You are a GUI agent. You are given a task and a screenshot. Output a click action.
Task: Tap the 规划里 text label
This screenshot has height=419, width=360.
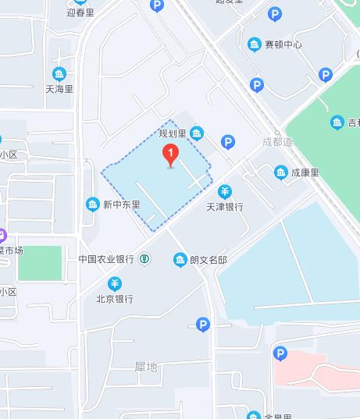coord(174,133)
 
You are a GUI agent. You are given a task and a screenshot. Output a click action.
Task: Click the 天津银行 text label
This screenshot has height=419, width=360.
coord(224,207)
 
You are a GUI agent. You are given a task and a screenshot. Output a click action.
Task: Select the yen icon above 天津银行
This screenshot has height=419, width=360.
coord(224,191)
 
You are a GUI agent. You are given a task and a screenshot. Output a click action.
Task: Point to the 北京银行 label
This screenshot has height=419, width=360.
coord(114,298)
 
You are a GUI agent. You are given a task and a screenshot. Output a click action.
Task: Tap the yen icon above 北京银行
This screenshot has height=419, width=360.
coord(115,282)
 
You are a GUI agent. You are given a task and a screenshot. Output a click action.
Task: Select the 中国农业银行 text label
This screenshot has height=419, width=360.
coord(105,259)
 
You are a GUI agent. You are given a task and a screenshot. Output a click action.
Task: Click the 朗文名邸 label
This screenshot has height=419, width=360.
coord(208,259)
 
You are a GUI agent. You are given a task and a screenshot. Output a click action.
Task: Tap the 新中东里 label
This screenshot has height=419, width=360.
coord(122,205)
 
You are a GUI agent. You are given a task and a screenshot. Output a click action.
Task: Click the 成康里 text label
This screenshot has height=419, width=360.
coord(305,172)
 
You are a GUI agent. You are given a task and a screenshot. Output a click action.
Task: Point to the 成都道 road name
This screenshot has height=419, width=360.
coord(277,141)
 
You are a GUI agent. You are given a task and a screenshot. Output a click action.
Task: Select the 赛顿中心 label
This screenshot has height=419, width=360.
coord(283,44)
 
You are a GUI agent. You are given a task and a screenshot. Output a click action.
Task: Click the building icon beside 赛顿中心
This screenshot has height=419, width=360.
coord(255,44)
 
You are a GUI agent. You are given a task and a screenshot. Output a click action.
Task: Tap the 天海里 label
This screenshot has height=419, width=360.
coord(59,89)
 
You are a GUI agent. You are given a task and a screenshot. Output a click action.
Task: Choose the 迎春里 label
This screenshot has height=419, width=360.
coord(81,12)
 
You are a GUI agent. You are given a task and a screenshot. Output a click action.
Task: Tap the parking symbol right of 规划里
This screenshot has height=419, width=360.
coord(228,141)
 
